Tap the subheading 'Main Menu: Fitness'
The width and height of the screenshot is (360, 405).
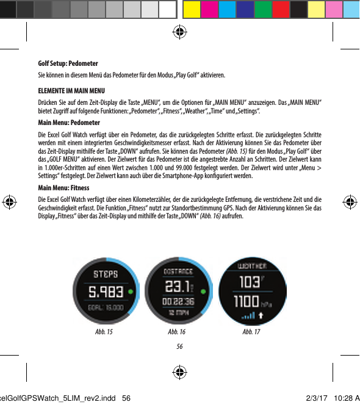click(x=63, y=188)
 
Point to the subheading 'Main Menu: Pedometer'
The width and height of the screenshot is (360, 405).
click(x=68, y=123)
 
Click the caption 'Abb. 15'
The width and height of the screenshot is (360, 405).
click(x=104, y=332)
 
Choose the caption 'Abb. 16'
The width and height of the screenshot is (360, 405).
click(x=176, y=332)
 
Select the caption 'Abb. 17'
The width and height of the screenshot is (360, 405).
click(x=251, y=332)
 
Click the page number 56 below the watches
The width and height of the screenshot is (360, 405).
click(x=180, y=346)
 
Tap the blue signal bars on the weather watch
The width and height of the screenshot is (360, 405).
click(x=248, y=317)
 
